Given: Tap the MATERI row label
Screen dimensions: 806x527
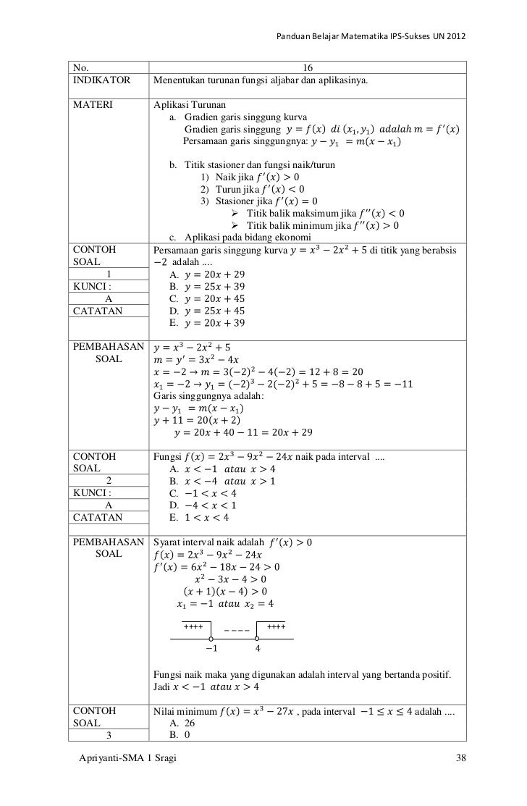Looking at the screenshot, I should [x=88, y=104].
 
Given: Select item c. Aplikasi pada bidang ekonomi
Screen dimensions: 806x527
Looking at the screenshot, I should [x=240, y=238].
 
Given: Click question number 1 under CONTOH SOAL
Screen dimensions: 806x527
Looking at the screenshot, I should [x=109, y=274].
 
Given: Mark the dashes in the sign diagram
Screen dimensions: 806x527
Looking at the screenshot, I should [x=237, y=629].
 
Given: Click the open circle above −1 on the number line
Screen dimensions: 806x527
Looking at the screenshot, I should [x=211, y=639].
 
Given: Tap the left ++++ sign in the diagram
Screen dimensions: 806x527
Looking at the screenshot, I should [x=193, y=626].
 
